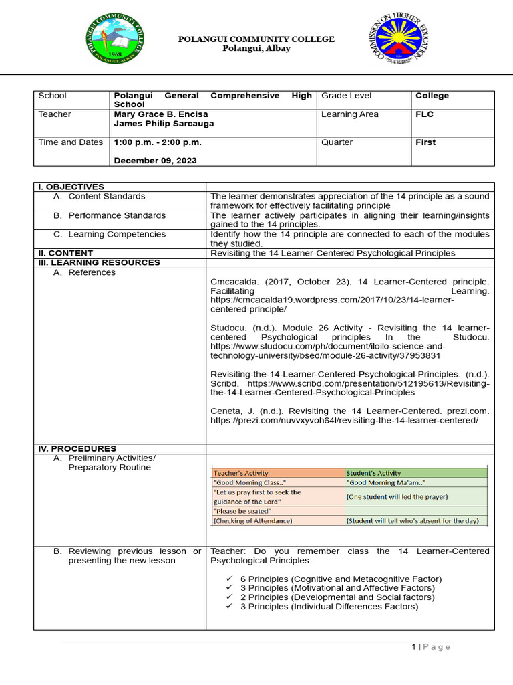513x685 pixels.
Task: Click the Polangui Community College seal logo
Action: [115, 39]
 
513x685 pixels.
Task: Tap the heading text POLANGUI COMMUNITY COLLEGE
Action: [256, 39]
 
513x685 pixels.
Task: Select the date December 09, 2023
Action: [153, 160]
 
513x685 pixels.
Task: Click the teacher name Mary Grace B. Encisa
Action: [161, 114]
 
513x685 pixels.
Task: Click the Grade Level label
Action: [346, 96]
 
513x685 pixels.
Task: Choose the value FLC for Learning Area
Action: [424, 114]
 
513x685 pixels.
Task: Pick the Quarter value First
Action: [425, 142]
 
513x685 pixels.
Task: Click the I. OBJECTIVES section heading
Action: [71, 187]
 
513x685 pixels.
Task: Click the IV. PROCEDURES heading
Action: [77, 448]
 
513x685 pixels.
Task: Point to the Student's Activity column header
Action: [373, 473]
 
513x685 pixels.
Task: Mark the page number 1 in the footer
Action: [414, 646]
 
